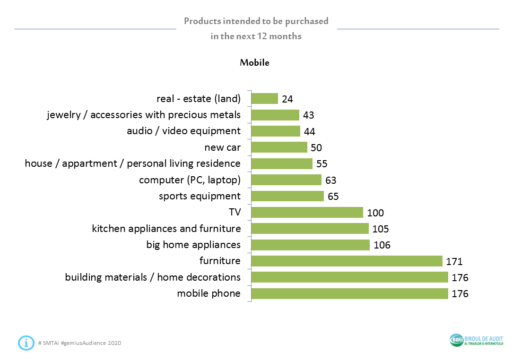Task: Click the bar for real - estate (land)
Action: coord(264,99)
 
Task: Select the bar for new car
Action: coord(279,147)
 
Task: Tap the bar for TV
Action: coord(307,212)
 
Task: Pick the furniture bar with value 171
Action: coord(347,261)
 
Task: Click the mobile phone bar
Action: coord(349,293)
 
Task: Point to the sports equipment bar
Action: coord(287,196)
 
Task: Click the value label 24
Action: coord(287,99)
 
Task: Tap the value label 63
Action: coord(330,180)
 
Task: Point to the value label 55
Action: coord(322,164)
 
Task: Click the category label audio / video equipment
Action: coord(183,131)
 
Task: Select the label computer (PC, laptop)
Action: coord(190,180)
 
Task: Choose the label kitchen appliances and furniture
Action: coord(166,229)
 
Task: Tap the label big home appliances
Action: coord(193,245)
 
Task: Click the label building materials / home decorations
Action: coord(153,277)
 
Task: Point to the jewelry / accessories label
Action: coord(144,115)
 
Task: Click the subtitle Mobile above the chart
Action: coord(254,62)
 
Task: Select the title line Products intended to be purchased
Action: coord(256,21)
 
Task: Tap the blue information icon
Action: coord(26,343)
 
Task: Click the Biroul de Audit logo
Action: coord(476,340)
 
